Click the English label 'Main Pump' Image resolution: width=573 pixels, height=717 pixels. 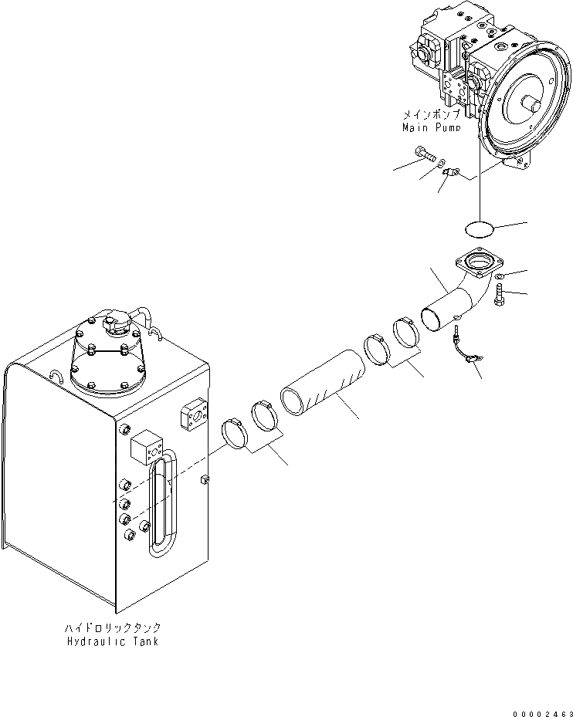pyautogui.click(x=431, y=127)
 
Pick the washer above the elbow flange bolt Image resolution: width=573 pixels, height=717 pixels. pyautogui.click(x=501, y=276)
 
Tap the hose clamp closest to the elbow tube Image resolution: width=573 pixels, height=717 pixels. pyautogui.click(x=407, y=332)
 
